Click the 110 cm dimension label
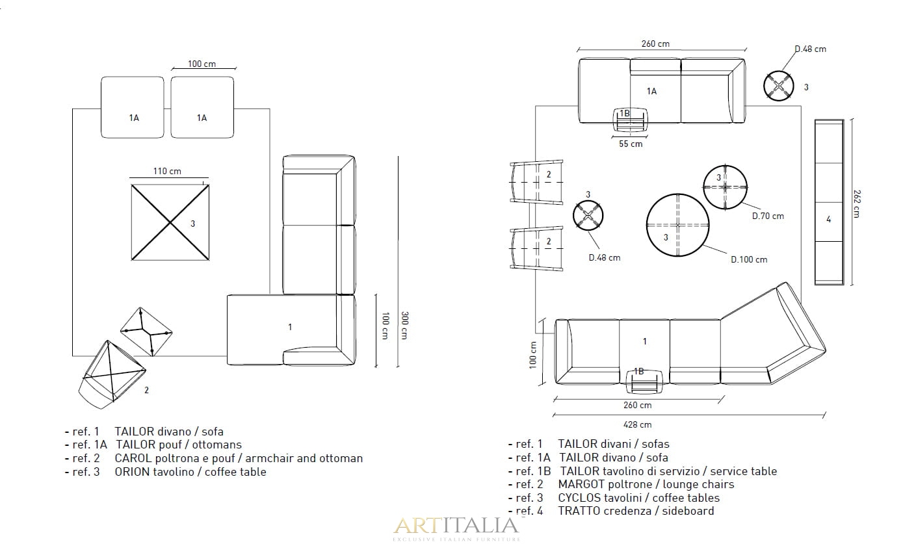tap(167, 171)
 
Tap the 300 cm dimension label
tap(404, 326)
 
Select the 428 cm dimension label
tap(637, 424)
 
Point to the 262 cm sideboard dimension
tap(857, 203)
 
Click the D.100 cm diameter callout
tap(749, 259)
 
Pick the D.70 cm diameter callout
tap(768, 216)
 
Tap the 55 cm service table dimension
tap(631, 144)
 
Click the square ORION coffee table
tap(170, 222)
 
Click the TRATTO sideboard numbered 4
tap(829, 202)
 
